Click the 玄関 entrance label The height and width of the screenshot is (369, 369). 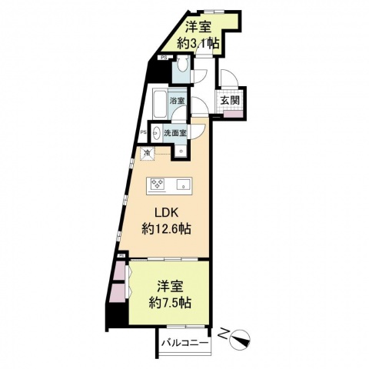pos(230,101)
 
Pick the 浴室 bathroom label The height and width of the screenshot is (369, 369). pos(178,101)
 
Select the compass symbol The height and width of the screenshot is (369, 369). pos(241,336)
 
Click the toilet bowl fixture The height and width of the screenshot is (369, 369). pos(181,68)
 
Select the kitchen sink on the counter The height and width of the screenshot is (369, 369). pos(183,184)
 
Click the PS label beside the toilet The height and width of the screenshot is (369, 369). pos(164,58)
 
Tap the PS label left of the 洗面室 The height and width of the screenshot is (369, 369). pos(144,131)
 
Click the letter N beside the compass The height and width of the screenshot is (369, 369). pos(224,333)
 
